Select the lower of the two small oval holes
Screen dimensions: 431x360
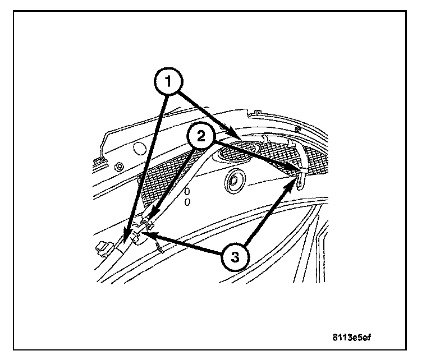pos(188,201)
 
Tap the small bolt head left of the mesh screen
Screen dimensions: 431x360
pos(119,167)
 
